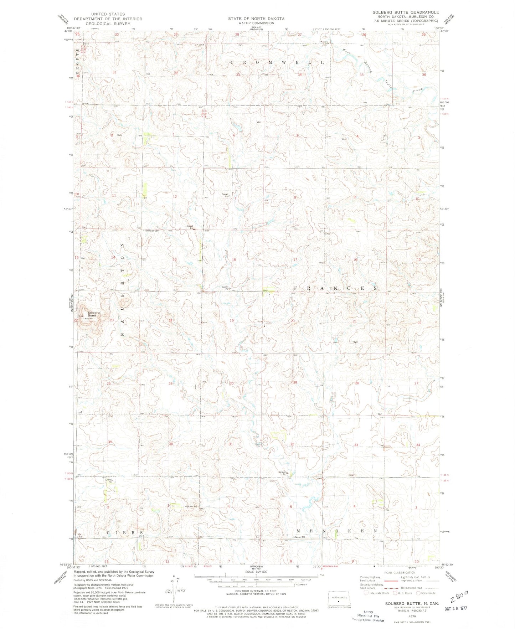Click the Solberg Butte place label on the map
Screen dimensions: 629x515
(x=94, y=314)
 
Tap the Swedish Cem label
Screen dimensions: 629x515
(x=151, y=230)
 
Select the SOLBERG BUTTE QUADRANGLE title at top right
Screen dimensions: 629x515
(x=406, y=12)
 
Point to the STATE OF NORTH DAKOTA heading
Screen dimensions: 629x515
(x=257, y=19)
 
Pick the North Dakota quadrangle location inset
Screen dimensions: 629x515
(x=339, y=598)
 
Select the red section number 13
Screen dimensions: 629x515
(x=175, y=259)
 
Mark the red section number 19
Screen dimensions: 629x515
(x=232, y=321)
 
